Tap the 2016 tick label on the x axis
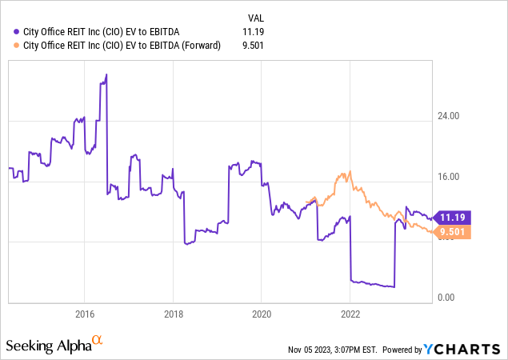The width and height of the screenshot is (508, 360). click(x=85, y=313)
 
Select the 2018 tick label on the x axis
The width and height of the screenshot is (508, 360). click(x=174, y=313)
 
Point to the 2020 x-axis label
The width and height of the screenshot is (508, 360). click(x=262, y=313)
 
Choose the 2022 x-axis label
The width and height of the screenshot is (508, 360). click(x=350, y=313)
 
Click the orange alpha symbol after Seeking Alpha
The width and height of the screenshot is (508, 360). click(x=97, y=341)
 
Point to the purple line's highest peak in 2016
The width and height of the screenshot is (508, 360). click(x=106, y=74)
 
